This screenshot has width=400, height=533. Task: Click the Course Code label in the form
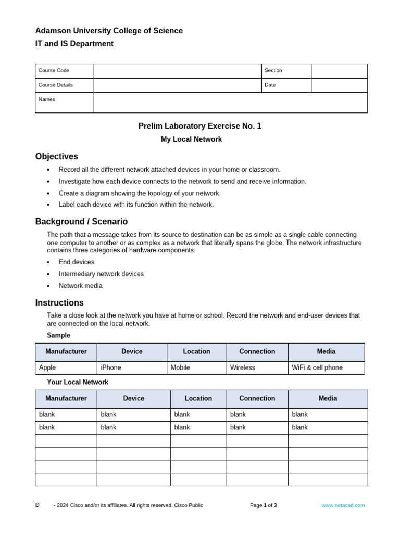[x=54, y=71]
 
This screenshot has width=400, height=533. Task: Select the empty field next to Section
[x=339, y=71]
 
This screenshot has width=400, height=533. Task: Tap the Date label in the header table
[x=270, y=85]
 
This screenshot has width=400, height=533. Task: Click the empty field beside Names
[x=230, y=103]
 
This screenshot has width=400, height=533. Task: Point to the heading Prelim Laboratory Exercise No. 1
[x=200, y=126]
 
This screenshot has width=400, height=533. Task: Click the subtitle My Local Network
[x=191, y=139]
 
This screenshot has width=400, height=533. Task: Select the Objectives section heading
[x=57, y=156]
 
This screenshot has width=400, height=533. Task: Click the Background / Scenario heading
[x=81, y=221]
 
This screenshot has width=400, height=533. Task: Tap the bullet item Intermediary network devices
[x=101, y=274]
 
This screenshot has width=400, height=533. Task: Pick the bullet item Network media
[x=80, y=286]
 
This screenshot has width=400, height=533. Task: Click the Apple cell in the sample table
[x=47, y=367]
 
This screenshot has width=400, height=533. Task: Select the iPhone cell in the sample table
[x=111, y=367]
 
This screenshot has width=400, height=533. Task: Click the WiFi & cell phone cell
[x=317, y=367]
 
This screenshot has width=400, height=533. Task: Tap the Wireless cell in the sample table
[x=243, y=367]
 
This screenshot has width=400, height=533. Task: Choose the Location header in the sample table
[x=196, y=351]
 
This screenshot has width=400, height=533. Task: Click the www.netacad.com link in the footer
[x=343, y=505]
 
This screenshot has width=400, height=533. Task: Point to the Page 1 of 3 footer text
[x=263, y=505]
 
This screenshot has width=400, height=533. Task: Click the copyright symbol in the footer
[x=37, y=505]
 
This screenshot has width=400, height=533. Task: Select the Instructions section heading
[x=59, y=303]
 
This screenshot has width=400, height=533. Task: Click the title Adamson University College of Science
[x=109, y=31]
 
